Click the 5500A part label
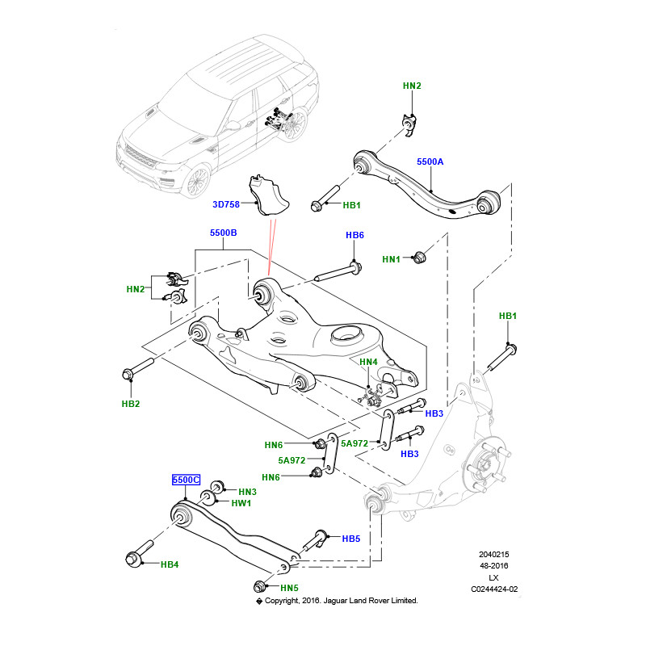point(430,162)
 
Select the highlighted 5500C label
point(185,480)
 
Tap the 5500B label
point(223,233)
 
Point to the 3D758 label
point(227,205)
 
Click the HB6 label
point(355,235)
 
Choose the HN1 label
point(392,259)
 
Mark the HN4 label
point(368,362)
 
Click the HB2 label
point(132,403)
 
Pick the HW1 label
point(241,503)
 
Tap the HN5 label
point(290,588)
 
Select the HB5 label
point(350,539)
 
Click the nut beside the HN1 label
point(419,258)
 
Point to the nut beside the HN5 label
point(259,587)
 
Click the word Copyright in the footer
point(287,601)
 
